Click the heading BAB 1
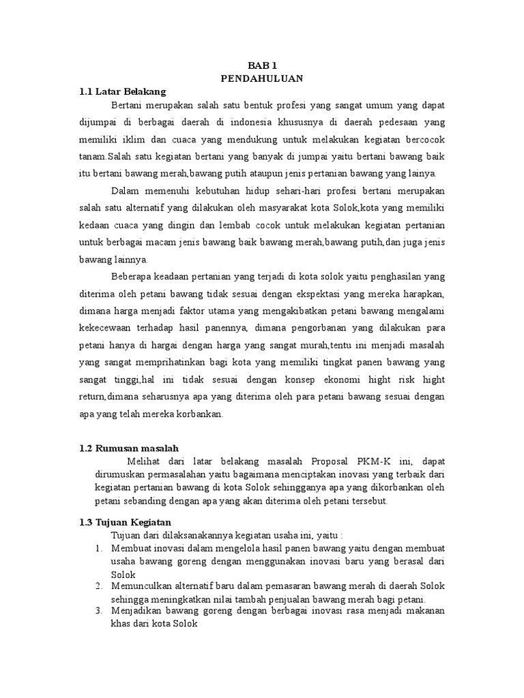(x=262, y=66)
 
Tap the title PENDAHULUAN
(x=262, y=78)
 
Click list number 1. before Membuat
(x=99, y=547)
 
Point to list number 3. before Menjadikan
(x=99, y=611)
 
